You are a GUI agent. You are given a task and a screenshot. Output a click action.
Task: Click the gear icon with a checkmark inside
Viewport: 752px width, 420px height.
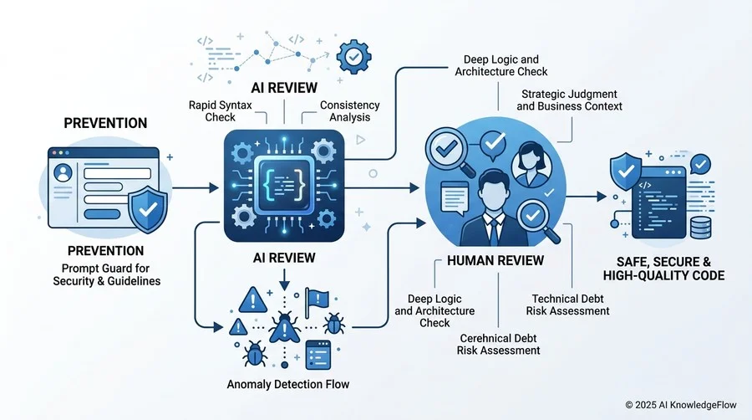(x=354, y=57)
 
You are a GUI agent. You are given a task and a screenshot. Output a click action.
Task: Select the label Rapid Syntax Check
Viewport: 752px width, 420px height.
(x=220, y=111)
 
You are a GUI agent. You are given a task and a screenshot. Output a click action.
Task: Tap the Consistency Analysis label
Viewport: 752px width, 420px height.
(x=349, y=111)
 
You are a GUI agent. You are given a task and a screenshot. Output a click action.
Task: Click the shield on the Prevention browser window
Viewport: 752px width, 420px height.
(x=148, y=209)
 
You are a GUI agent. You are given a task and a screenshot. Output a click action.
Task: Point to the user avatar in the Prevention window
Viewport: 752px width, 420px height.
(x=64, y=173)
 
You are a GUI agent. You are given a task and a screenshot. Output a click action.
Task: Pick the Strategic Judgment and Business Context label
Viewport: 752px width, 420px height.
(x=569, y=100)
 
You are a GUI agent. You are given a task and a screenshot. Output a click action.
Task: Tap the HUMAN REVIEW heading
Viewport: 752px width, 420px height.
(x=495, y=261)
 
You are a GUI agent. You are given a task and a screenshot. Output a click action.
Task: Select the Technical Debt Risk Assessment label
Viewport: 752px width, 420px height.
(x=567, y=305)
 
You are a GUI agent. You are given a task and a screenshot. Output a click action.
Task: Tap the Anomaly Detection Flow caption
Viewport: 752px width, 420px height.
(x=288, y=384)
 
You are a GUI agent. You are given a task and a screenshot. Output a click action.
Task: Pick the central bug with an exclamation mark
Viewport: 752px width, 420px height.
(x=284, y=327)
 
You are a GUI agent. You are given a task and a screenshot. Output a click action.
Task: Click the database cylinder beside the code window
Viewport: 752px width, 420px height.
(x=701, y=228)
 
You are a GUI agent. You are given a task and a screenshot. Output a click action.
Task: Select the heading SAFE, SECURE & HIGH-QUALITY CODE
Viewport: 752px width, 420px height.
(x=663, y=269)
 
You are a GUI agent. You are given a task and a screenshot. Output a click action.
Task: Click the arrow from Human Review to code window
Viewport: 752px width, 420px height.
(x=586, y=197)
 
